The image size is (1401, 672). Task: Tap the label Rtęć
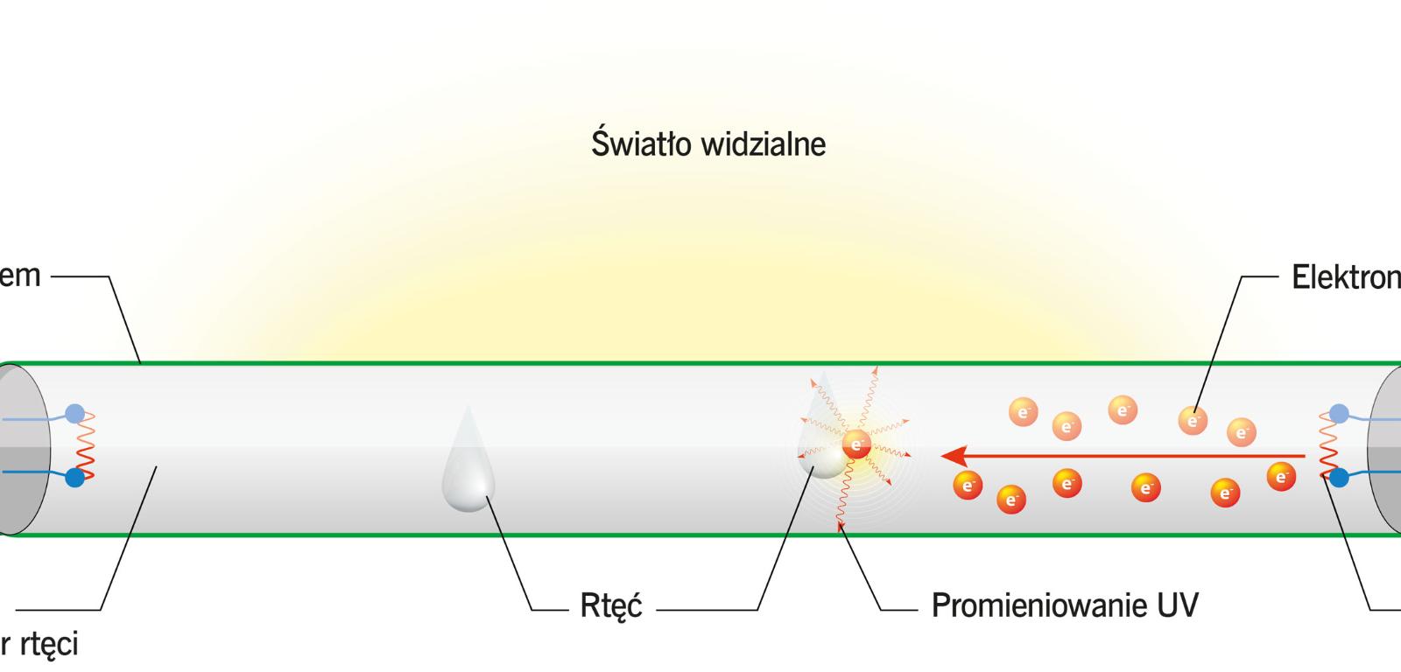pos(610,605)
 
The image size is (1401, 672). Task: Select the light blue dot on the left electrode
pos(76,412)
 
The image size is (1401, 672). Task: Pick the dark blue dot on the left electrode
pos(75,478)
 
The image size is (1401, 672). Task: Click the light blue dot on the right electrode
pos(1339,412)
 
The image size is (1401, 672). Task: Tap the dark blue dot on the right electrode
pos(1339,478)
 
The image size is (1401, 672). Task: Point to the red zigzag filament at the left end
pos(86,446)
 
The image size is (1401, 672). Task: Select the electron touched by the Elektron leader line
pos(1192,420)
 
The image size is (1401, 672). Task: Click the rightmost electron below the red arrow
pos(1281,477)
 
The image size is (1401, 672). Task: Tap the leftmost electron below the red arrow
pos(967,485)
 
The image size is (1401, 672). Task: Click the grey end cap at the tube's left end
pos(22,448)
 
